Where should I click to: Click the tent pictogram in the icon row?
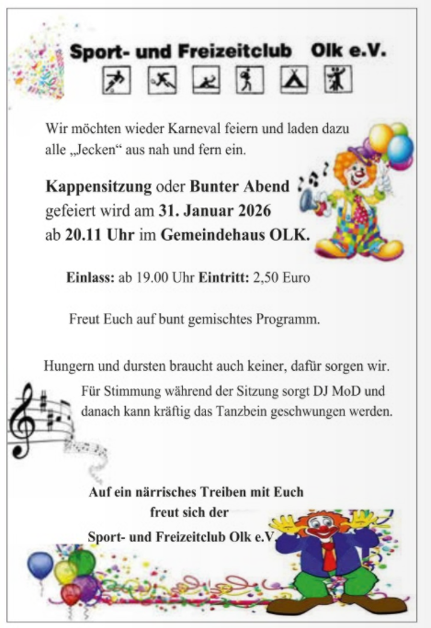pos(293,81)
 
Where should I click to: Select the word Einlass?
pos(90,275)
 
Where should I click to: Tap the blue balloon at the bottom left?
pos(40,565)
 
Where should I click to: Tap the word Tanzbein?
pos(221,412)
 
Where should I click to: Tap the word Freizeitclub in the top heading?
pos(224,52)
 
